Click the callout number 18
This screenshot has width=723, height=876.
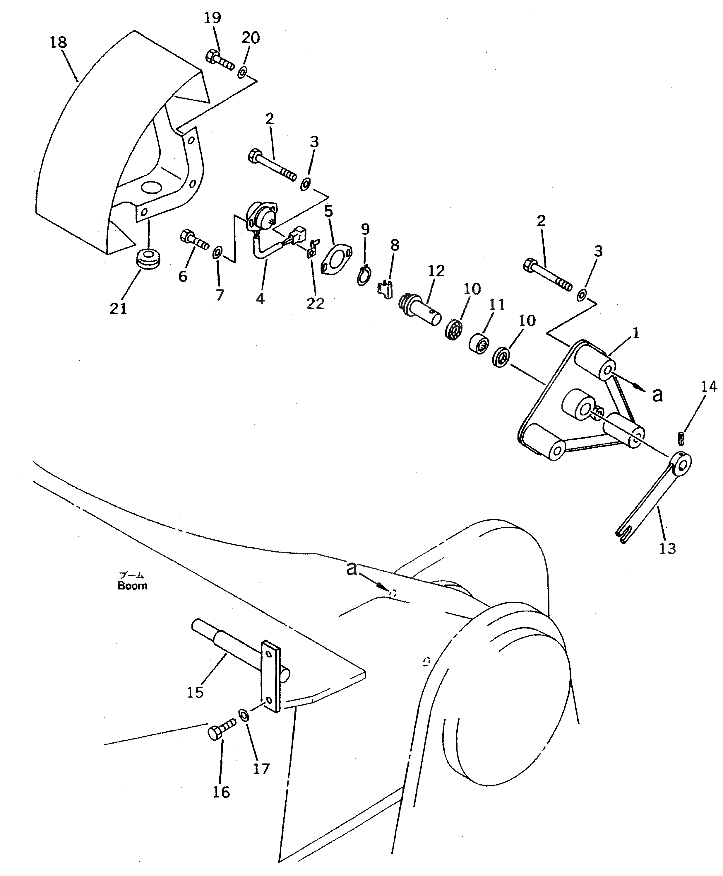(x=58, y=42)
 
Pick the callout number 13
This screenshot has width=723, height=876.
(x=667, y=548)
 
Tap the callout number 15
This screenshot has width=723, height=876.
(x=195, y=692)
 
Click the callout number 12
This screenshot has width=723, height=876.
(x=436, y=271)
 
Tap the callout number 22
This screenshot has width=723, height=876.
(x=315, y=304)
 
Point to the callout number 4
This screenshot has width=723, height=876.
(x=260, y=298)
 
